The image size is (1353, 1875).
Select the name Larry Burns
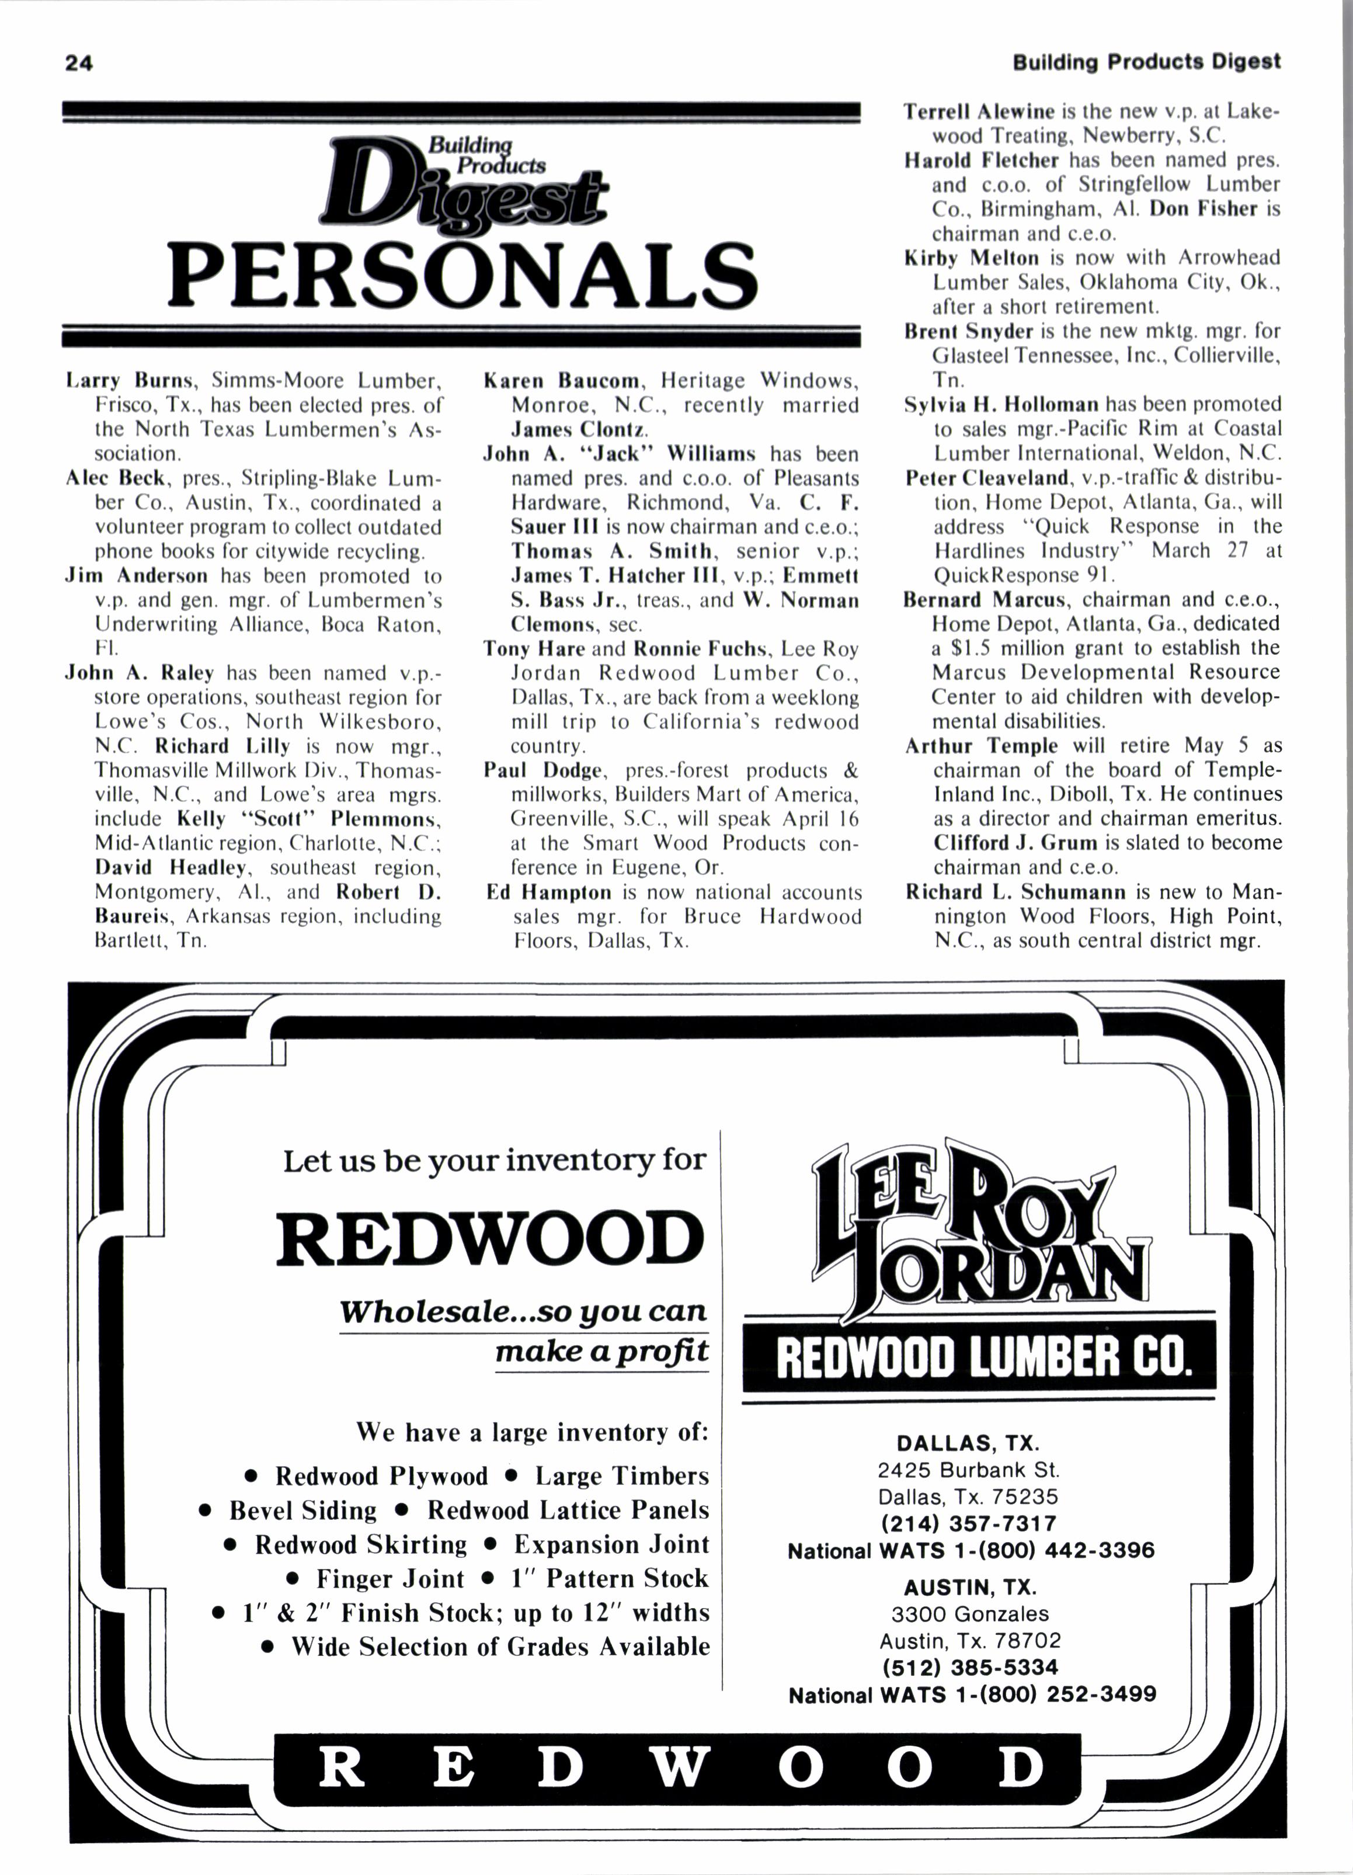(130, 381)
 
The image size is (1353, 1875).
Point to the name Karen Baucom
(562, 381)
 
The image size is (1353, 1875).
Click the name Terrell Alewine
(979, 112)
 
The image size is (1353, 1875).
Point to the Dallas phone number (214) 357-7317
(969, 1523)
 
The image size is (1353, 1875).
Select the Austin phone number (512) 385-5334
(969, 1668)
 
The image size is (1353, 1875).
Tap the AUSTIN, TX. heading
(969, 1587)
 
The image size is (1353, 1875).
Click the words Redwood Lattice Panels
(568, 1511)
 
